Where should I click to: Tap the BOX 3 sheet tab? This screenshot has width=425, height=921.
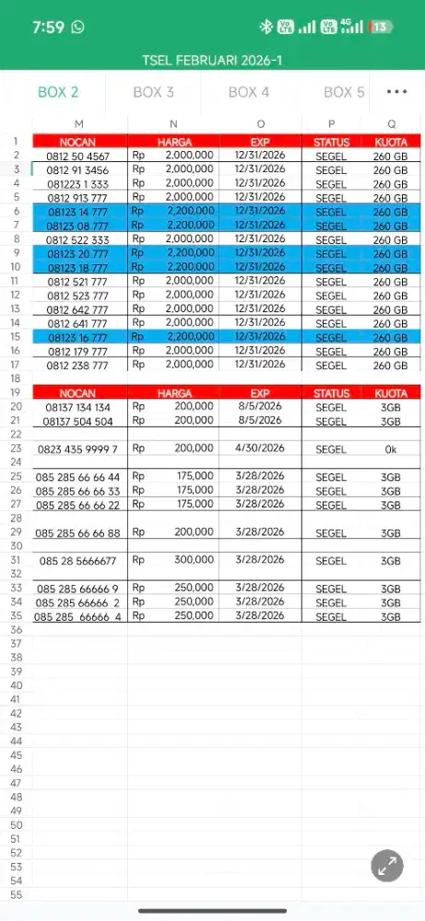[x=153, y=92]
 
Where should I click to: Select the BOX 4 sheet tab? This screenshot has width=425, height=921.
[x=249, y=92]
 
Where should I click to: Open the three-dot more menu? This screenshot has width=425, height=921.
[x=396, y=92]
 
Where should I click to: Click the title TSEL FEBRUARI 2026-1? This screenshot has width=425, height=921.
[x=212, y=60]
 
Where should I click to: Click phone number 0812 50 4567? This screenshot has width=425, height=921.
[x=78, y=157]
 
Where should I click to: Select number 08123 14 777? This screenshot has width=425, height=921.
[x=78, y=212]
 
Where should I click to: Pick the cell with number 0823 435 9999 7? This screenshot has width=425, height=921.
[x=78, y=449]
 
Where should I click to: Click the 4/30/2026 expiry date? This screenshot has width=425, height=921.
[x=260, y=449]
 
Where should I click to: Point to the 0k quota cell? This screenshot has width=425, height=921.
[x=391, y=449]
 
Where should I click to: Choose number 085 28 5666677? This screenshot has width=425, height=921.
[x=78, y=561]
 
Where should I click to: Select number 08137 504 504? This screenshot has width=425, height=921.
[x=78, y=422]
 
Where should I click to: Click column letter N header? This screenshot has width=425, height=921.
[x=173, y=124]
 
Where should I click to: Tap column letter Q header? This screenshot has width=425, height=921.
[x=391, y=124]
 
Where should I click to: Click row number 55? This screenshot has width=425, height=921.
[x=16, y=894]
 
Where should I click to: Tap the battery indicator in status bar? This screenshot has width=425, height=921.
[x=380, y=27]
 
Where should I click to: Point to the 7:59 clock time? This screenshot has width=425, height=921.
[x=47, y=27]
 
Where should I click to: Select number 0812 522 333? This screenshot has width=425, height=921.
[x=78, y=239]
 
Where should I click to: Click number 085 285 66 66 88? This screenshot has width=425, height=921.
[x=78, y=533]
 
